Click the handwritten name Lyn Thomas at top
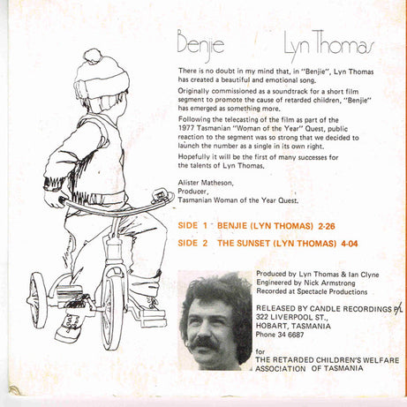pos(317,47)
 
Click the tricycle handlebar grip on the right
pos(158,196)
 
